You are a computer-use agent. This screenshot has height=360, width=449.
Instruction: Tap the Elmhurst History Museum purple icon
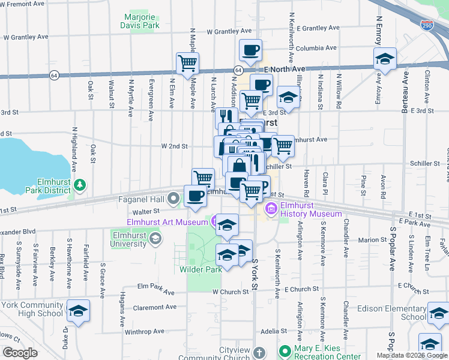click(271, 209)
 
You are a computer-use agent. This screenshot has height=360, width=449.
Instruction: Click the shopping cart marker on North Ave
click(188, 63)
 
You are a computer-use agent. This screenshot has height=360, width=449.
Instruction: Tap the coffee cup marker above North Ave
click(250, 50)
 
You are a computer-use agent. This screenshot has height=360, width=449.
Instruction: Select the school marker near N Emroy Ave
click(385, 59)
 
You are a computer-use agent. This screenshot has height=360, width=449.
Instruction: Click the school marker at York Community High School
click(78, 311)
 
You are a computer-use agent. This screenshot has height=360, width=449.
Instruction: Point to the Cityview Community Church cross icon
click(259, 352)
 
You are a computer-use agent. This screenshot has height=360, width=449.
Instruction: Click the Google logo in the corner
click(20, 352)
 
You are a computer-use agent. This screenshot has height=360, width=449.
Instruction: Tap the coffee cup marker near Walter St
click(195, 197)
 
